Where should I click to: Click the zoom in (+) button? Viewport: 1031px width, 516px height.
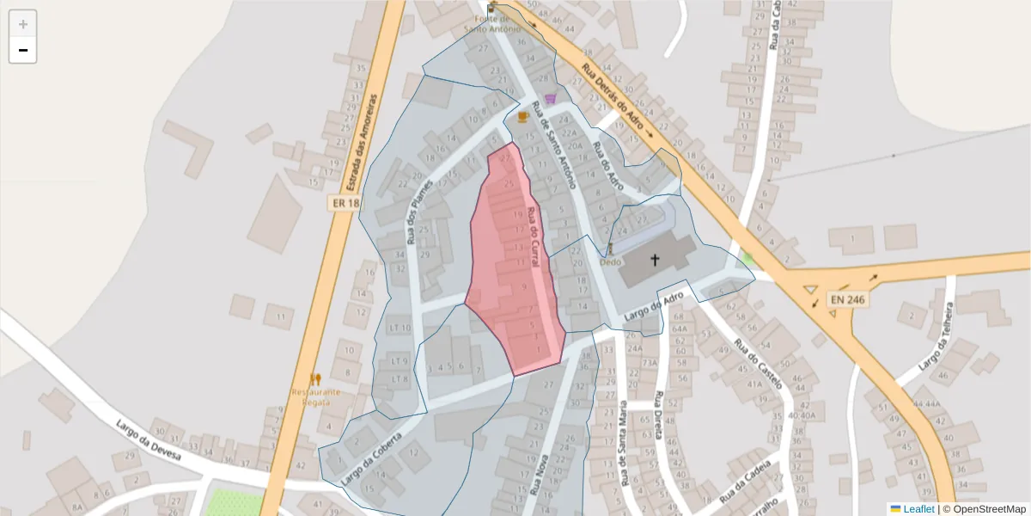point(23,24)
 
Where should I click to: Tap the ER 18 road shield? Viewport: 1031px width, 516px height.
point(345,204)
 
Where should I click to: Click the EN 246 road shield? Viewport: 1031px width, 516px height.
point(846,300)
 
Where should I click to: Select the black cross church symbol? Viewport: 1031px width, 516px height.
point(655,259)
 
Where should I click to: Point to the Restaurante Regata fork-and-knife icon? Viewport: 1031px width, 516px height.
point(315,378)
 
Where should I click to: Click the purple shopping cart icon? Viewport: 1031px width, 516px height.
point(550,98)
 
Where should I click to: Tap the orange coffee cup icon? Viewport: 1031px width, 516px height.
point(522,116)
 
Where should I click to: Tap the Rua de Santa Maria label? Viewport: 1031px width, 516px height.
point(622,444)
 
